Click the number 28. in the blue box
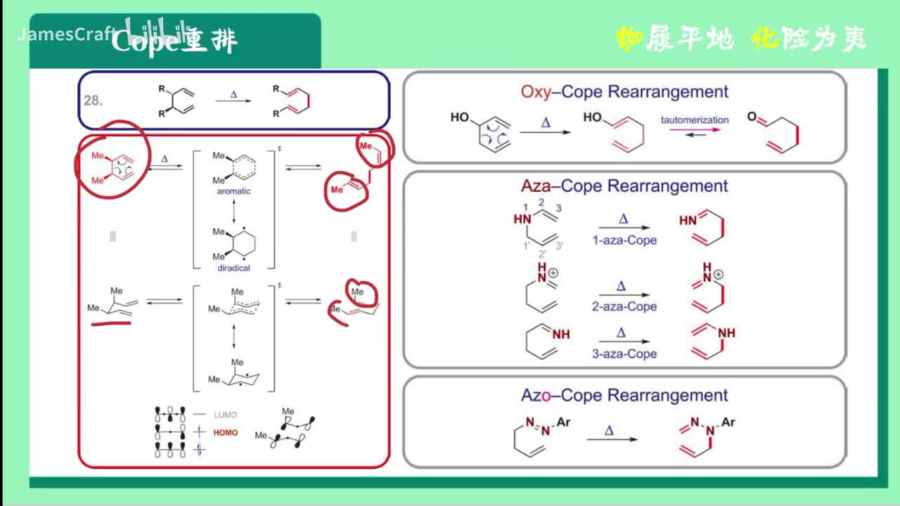coord(94,100)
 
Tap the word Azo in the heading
coord(536,395)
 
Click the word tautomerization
coord(695,119)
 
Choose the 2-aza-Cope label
coord(624,306)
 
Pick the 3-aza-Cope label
coord(624,353)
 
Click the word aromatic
coord(233,191)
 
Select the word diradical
coord(233,267)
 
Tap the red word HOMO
coord(226,433)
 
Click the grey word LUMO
coord(225,415)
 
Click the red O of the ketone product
coord(752,118)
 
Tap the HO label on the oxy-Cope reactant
coord(460,117)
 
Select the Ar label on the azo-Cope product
coord(728,422)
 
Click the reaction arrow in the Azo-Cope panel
coord(612,439)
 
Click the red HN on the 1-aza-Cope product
coord(688,221)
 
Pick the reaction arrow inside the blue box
coord(234,103)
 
